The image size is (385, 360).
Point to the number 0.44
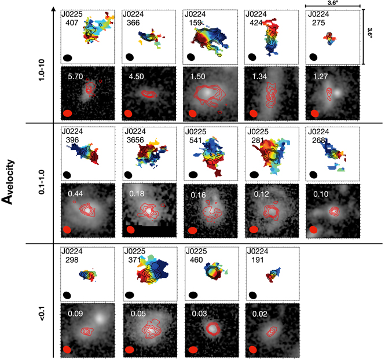76,193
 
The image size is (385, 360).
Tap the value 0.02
260,314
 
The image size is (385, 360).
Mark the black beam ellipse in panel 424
252,57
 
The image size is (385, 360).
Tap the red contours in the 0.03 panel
212,328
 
